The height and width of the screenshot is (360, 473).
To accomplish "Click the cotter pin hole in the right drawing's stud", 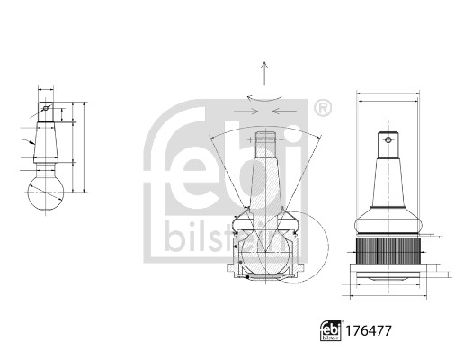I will pyautogui.click(x=387, y=140).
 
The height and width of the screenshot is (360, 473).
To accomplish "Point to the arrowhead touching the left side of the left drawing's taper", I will pyautogui.click(x=32, y=143).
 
